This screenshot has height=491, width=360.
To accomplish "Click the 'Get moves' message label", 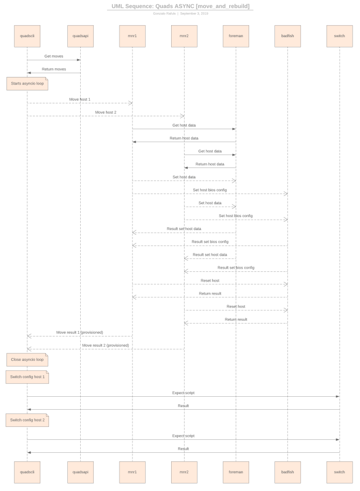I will point(54,56).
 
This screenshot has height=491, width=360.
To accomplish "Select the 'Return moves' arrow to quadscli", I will point(54,73).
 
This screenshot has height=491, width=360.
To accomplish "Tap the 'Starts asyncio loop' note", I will point(27,84).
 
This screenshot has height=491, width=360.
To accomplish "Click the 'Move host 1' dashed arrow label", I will point(80,100).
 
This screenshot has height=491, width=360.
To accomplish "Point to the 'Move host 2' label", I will point(105,113).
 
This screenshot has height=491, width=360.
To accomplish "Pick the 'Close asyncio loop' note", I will point(27,359).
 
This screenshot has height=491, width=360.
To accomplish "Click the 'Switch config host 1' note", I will point(27,377).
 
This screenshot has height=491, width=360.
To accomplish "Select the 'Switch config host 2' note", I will point(27,419).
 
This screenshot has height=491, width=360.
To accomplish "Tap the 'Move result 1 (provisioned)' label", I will point(80,333).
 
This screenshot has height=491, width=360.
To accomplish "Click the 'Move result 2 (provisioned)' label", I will point(105,345).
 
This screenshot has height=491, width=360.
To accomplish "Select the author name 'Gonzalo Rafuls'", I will point(165,13).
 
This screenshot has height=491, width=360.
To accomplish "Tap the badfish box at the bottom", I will point(287,472).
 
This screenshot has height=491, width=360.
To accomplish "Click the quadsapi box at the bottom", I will point(80,472).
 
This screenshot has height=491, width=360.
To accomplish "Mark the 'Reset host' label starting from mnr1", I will point(210,280).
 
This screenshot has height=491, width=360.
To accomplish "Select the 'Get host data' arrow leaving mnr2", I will point(210,155).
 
